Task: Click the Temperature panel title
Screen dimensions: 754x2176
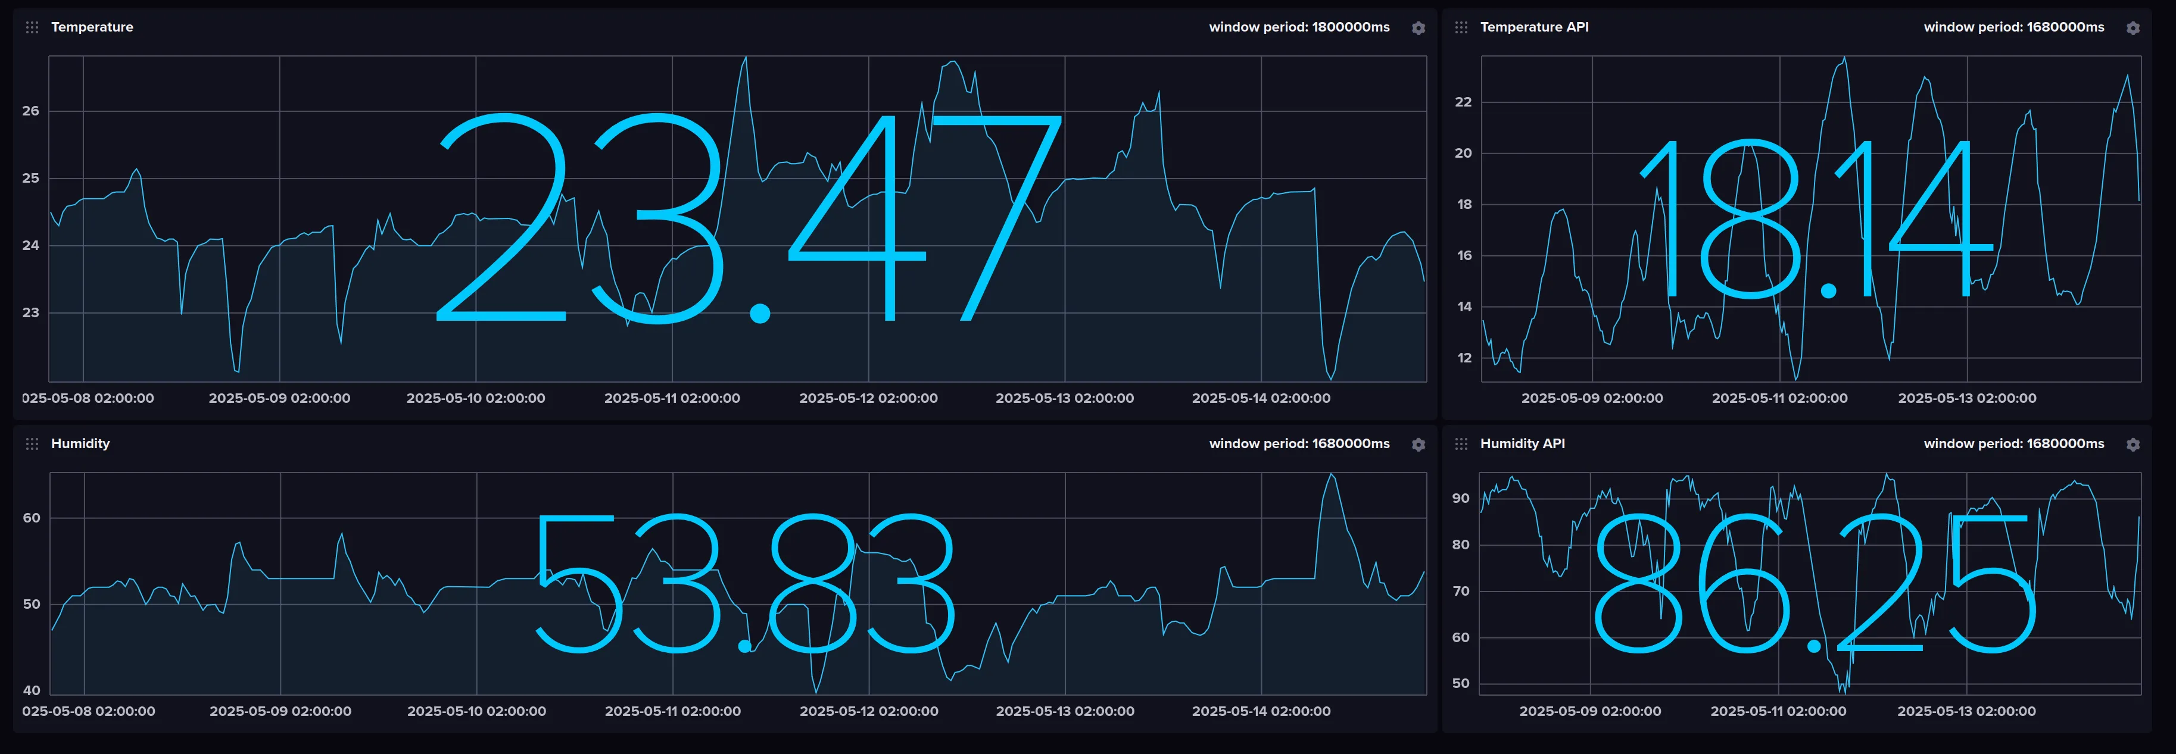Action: click(x=92, y=27)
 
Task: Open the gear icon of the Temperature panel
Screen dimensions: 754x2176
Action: click(x=1419, y=28)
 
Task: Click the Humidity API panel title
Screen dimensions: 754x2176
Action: click(x=1522, y=443)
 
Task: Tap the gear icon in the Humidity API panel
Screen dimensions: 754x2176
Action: click(x=2133, y=444)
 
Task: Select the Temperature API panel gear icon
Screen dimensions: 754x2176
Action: click(x=2133, y=28)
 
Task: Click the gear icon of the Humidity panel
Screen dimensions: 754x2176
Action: click(x=1419, y=444)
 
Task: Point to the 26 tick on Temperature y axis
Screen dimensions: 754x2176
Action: click(x=30, y=111)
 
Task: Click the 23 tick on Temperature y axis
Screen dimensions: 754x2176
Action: click(x=30, y=312)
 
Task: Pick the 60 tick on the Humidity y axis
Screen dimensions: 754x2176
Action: click(x=31, y=518)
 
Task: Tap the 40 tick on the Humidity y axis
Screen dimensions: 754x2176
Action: click(x=31, y=690)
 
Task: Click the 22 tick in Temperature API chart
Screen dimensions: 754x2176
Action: click(x=1463, y=102)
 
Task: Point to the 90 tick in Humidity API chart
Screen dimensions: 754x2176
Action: click(x=1461, y=498)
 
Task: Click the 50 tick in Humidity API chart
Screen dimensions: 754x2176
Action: click(x=1461, y=683)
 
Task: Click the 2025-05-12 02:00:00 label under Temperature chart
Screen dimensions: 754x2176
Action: click(x=868, y=398)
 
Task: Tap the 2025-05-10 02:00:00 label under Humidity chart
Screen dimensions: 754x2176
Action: click(x=476, y=711)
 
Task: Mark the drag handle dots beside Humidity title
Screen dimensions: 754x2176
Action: click(x=32, y=444)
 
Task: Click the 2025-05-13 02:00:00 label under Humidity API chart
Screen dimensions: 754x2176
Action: click(x=1966, y=711)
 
